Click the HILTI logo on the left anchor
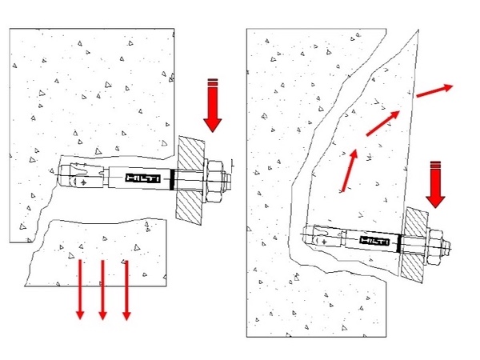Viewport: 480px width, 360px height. point(142,178)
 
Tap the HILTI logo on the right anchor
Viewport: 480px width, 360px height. point(374,241)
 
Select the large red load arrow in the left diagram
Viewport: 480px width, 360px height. point(213,106)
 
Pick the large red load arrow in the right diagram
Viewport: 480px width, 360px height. point(435,185)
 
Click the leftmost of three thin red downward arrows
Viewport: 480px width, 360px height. point(80,290)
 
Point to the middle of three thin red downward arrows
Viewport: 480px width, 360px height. point(103,290)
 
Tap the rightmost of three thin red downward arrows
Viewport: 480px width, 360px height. point(126,290)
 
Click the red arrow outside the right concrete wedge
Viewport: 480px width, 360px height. point(434,91)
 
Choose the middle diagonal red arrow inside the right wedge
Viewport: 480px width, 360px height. point(383,123)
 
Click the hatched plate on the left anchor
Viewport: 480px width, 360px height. point(190,181)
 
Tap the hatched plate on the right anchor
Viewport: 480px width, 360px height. point(414,245)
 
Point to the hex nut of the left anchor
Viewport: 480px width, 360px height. point(214,182)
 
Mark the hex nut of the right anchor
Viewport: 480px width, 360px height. point(434,247)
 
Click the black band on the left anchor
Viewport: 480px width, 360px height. point(172,179)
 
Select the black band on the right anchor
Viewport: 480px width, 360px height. point(399,243)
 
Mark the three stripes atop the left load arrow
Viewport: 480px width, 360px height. point(213,82)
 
